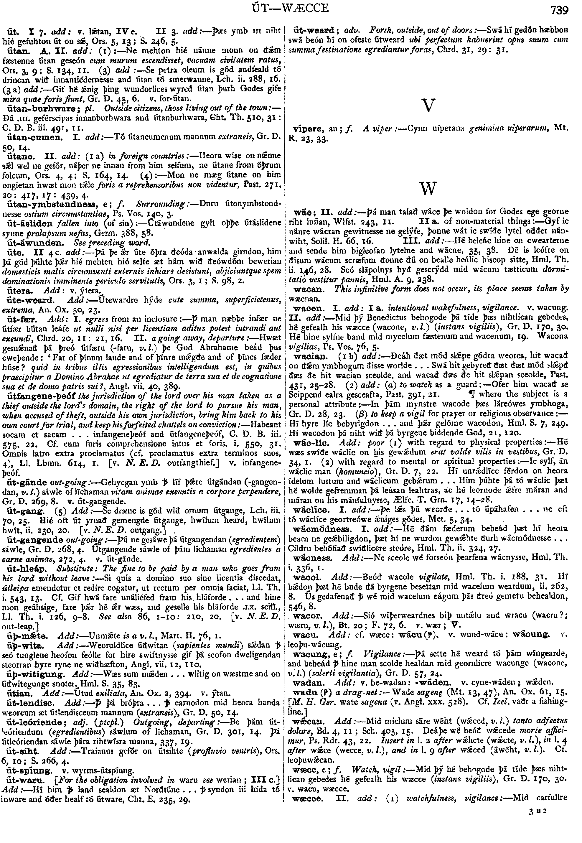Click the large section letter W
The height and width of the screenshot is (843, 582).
click(x=428, y=188)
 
